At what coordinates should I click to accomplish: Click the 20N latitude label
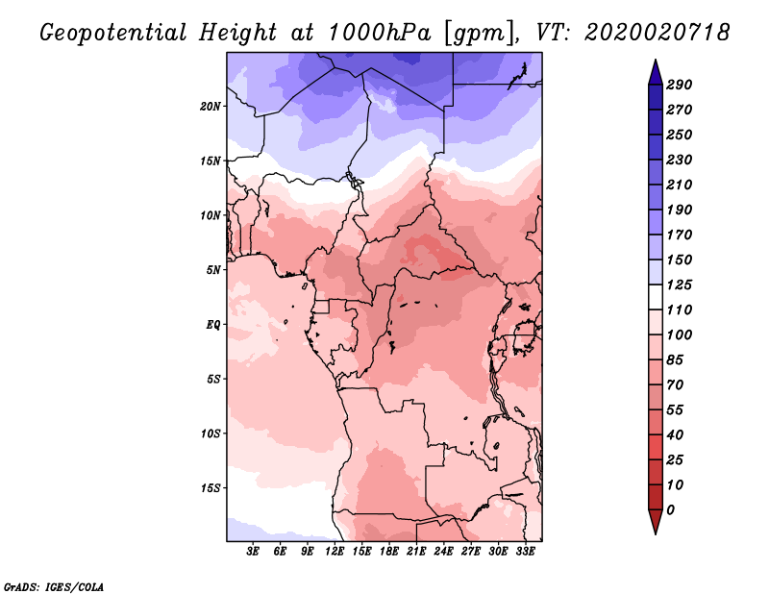[x=211, y=107]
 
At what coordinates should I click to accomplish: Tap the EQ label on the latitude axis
[x=213, y=325]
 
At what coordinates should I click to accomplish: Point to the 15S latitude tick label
[x=211, y=488]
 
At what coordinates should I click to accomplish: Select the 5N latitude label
[x=213, y=270]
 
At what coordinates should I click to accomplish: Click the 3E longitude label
[x=253, y=552]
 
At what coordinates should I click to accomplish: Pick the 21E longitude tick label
[x=416, y=552]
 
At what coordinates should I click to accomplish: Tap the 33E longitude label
[x=525, y=552]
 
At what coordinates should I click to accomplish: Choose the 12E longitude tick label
[x=335, y=552]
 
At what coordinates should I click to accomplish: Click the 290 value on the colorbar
[x=680, y=85]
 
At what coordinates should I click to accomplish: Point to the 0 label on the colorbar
[x=670, y=510]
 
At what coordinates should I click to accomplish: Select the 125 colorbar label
[x=680, y=285]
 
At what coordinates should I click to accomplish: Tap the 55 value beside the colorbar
[x=675, y=410]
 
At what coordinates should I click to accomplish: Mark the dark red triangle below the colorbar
[x=656, y=520]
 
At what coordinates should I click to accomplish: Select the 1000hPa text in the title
[x=379, y=33]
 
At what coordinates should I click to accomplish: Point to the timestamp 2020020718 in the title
[x=657, y=33]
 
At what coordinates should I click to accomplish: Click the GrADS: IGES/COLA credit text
[x=54, y=587]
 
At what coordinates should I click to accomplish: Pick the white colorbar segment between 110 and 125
[x=656, y=297]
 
